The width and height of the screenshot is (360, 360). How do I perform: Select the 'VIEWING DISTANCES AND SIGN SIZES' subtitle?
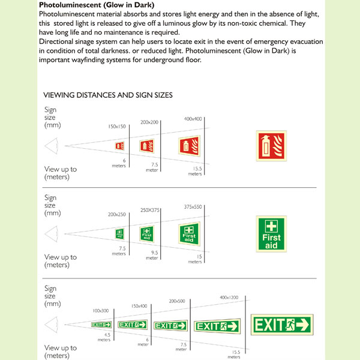tap(109, 95)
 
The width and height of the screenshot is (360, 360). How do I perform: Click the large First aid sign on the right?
tap(272, 233)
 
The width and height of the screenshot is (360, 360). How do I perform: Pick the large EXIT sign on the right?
tap(282, 325)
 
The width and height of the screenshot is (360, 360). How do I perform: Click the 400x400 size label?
tap(193, 119)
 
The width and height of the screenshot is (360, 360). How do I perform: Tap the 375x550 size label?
tap(193, 206)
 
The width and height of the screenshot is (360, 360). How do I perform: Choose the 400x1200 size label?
tap(229, 298)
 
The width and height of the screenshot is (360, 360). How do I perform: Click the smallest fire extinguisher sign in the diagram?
tap(119, 146)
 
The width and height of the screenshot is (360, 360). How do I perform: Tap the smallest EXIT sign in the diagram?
tap(101, 325)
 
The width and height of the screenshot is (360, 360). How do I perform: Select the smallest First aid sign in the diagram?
tap(120, 234)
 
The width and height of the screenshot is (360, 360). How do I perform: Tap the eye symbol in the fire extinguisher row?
tap(52, 146)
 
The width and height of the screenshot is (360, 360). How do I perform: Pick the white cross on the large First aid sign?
tap(272, 226)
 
